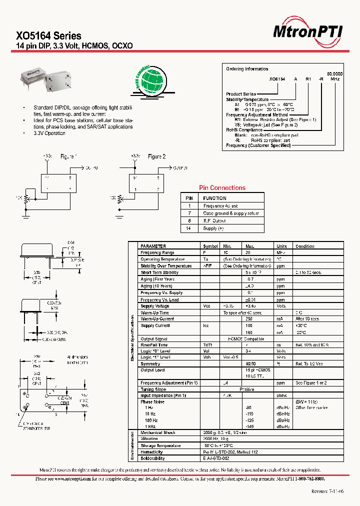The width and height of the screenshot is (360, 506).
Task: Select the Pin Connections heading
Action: (x=222, y=188)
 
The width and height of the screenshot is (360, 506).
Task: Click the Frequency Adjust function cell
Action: (x=220, y=206)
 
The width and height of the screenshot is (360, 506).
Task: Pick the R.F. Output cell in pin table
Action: (x=214, y=220)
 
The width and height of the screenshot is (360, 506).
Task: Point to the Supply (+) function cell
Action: (x=213, y=228)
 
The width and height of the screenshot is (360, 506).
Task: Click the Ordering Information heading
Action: (x=247, y=69)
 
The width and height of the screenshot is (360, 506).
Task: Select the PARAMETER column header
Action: (x=153, y=246)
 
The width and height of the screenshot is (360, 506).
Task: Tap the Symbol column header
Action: (x=210, y=246)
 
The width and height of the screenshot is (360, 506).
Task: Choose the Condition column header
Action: (x=304, y=246)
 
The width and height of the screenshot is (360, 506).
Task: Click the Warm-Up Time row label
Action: (x=155, y=312)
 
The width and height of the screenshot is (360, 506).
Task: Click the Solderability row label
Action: (x=152, y=458)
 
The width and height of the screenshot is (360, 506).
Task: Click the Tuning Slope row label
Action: (x=153, y=389)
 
